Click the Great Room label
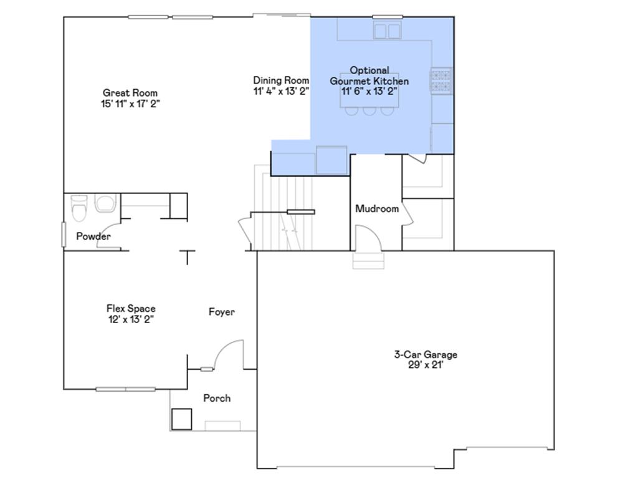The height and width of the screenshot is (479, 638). tap(130, 93)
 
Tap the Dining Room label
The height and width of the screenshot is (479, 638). tap(281, 80)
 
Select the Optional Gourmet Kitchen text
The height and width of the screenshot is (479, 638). tap(369, 75)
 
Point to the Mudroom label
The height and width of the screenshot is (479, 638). tap(377, 208)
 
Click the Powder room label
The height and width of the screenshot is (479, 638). tap(93, 236)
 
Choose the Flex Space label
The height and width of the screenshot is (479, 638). tap(130, 309)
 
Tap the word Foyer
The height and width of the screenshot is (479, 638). tap(221, 312)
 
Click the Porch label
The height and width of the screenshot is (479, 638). tap(217, 398)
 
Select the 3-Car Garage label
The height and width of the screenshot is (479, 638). tap(426, 354)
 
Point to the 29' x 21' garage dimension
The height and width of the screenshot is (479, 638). tap(426, 365)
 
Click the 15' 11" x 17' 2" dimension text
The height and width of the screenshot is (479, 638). tap(130, 104)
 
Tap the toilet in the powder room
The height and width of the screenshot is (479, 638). tap(79, 208)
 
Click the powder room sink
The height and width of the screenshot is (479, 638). tap(105, 204)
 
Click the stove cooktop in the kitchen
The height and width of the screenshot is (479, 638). tap(440, 80)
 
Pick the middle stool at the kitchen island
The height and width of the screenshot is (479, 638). tap(369, 111)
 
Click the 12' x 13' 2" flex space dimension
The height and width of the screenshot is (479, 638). tap(130, 319)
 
